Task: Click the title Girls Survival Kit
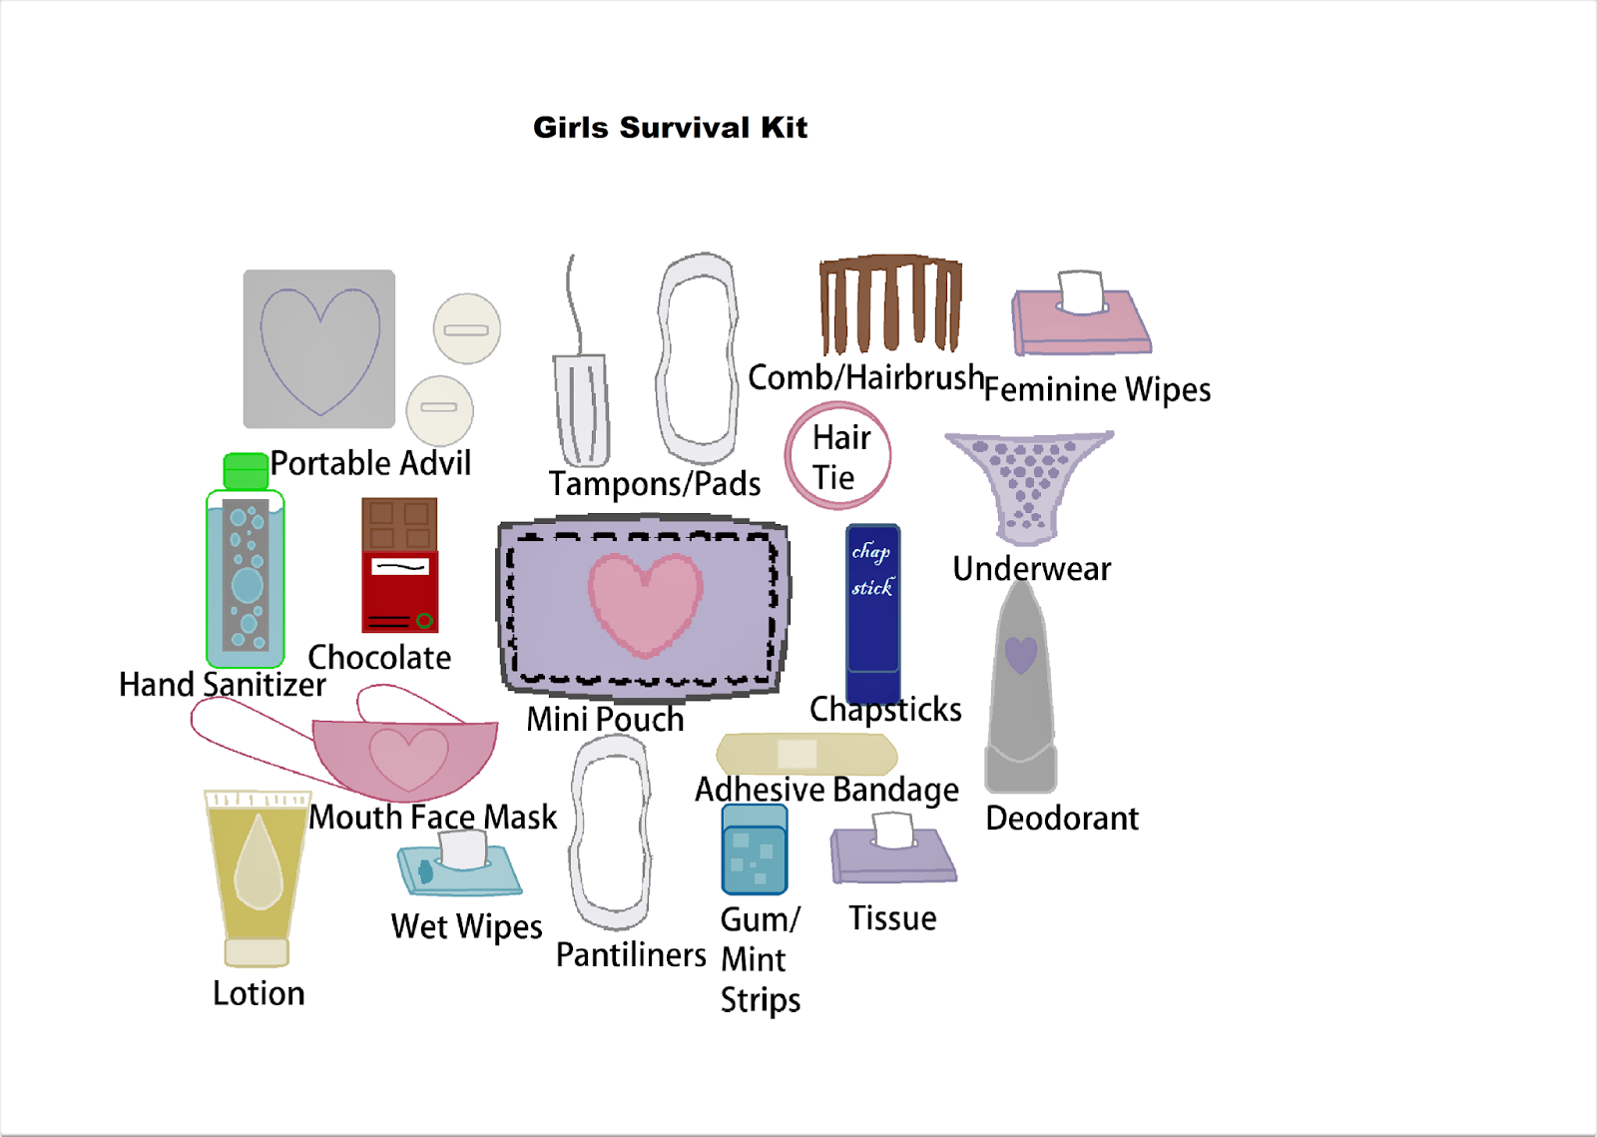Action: pyautogui.click(x=670, y=128)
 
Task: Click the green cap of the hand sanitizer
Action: pyautogui.click(x=246, y=470)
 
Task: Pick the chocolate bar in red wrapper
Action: pyautogui.click(x=399, y=565)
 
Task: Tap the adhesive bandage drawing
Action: pyautogui.click(x=806, y=754)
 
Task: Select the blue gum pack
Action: pyautogui.click(x=755, y=850)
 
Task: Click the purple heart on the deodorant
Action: pyautogui.click(x=1020, y=655)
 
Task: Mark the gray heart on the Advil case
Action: pyautogui.click(x=319, y=349)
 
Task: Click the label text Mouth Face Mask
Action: pyautogui.click(x=432, y=818)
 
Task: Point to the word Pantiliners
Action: pyautogui.click(x=631, y=955)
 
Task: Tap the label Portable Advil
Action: pyautogui.click(x=370, y=464)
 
